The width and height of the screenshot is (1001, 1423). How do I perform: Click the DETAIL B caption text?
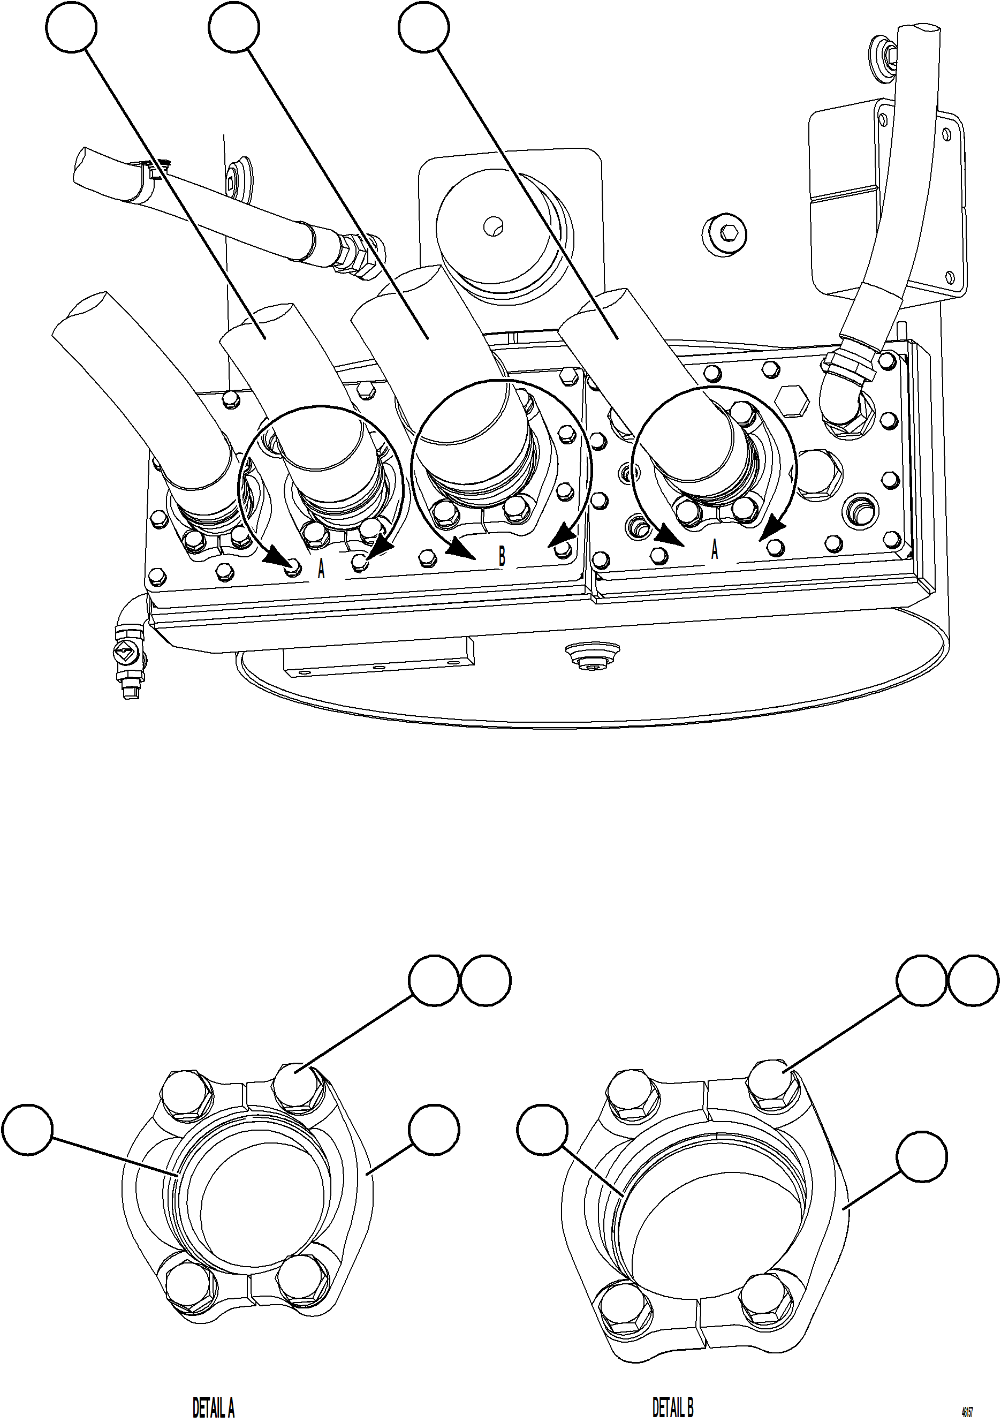point(672,1407)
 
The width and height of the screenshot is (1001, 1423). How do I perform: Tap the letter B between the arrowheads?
point(502,557)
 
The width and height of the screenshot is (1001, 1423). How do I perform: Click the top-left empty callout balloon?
point(72,27)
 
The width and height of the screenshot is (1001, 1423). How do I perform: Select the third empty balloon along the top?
point(423,27)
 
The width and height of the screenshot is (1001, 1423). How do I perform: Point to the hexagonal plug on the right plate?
point(792,402)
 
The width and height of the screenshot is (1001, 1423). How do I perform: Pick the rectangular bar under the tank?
point(378,658)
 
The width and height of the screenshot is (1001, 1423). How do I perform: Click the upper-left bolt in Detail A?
point(184,1093)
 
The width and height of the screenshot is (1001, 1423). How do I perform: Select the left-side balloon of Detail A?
point(26,1129)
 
